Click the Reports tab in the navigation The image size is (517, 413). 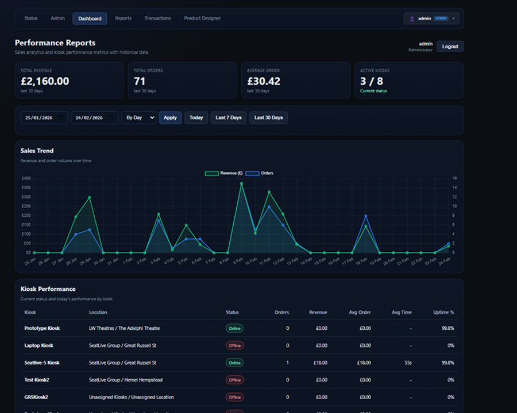[123, 18]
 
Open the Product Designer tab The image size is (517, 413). [202, 18]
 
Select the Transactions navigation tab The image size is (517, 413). [157, 18]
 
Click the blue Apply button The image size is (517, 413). [170, 118]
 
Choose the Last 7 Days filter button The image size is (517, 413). [229, 118]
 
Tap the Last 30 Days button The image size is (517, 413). [268, 118]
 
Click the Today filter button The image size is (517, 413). [196, 118]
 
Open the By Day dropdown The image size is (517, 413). [138, 118]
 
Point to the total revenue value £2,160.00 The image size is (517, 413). [45, 81]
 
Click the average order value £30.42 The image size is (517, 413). [264, 81]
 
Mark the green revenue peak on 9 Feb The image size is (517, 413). [241, 184]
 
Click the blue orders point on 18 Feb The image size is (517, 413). [365, 216]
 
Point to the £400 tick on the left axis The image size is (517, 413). [26, 178]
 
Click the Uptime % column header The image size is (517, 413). [443, 313]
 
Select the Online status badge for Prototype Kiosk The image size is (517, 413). [234, 328]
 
